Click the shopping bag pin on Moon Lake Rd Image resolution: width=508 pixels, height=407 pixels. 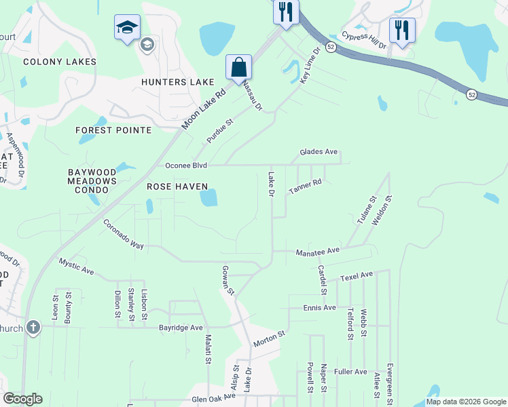pyautogui.click(x=239, y=67)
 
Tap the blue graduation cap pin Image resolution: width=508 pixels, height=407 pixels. pyautogui.click(x=127, y=27)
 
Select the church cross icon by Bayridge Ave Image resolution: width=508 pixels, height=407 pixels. pyautogui.click(x=33, y=328)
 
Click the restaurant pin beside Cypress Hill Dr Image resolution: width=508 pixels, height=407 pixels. pyautogui.click(x=402, y=31)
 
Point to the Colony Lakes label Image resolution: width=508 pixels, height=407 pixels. pyautogui.click(x=59, y=62)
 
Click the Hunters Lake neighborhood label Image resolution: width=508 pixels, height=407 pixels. pyautogui.click(x=177, y=82)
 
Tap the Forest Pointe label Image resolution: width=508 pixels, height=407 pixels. pyautogui.click(x=113, y=130)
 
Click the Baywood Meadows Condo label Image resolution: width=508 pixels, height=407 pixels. pyautogui.click(x=92, y=181)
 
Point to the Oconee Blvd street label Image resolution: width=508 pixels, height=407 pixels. pyautogui.click(x=186, y=166)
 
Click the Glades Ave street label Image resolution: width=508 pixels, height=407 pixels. pyautogui.click(x=319, y=153)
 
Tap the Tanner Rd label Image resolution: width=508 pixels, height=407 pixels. pyautogui.click(x=304, y=188)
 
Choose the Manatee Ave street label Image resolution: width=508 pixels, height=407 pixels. pyautogui.click(x=317, y=251)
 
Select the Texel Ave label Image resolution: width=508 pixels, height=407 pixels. pyautogui.click(x=357, y=275)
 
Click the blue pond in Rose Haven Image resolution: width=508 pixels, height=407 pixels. pyautogui.click(x=208, y=197)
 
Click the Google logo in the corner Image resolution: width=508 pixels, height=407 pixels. pyautogui.click(x=22, y=399)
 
